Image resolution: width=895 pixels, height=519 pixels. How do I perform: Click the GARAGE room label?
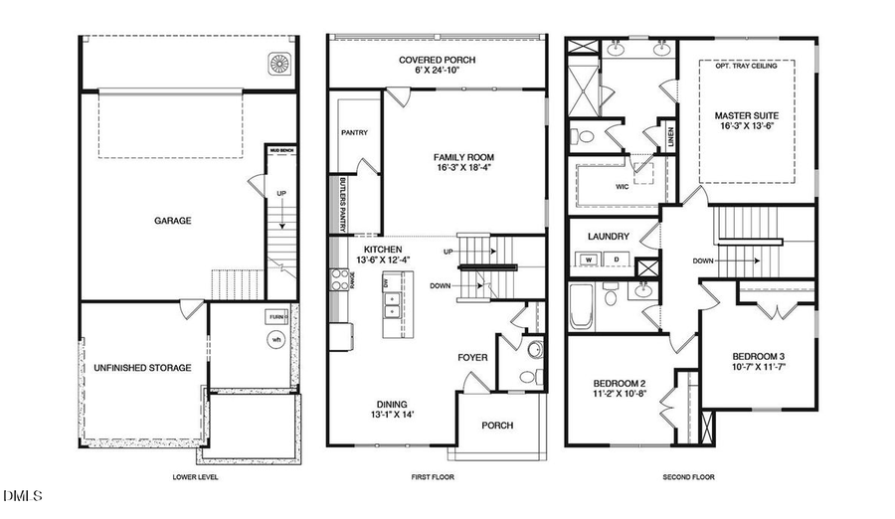point(172,221)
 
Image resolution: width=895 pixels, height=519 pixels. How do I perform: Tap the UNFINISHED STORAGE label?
point(143,368)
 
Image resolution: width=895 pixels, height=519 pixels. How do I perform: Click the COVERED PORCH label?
point(438,61)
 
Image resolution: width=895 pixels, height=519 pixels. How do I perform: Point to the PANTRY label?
point(354,130)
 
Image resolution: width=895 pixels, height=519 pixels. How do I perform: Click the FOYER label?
point(471,357)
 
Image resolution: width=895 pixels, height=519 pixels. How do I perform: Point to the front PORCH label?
point(497,426)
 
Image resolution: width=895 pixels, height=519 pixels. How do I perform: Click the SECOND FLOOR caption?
point(688,477)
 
